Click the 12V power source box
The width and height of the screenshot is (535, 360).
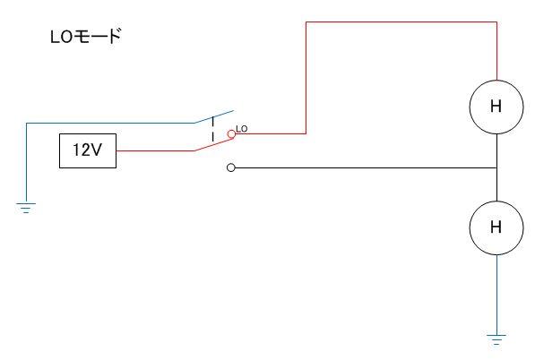click(88, 150)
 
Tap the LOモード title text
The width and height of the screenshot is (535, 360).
click(86, 36)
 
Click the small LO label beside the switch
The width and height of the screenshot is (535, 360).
click(242, 129)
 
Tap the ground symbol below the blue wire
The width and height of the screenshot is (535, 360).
click(26, 208)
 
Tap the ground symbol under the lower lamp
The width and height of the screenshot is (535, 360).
click(496, 340)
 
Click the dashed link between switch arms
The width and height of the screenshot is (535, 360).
click(213, 129)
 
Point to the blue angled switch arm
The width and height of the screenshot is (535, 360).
click(214, 116)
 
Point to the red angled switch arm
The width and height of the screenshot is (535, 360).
click(214, 144)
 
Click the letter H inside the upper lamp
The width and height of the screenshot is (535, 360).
click(496, 107)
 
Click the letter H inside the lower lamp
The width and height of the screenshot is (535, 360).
click(496, 227)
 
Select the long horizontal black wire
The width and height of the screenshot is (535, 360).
click(366, 167)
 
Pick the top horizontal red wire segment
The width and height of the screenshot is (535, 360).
click(401, 22)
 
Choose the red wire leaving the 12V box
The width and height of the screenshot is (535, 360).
click(155, 150)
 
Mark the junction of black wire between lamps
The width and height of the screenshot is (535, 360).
click(496, 167)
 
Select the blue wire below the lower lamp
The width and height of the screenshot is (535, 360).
click(496, 295)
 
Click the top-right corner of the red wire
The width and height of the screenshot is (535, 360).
click(496, 22)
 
